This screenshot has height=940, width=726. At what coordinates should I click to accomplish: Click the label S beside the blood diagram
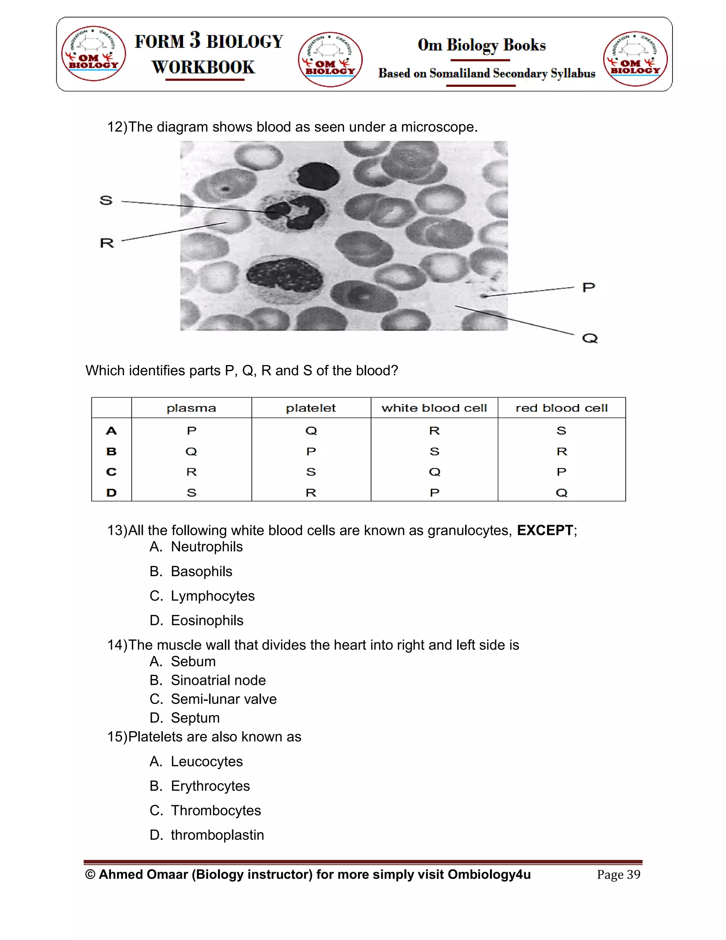tap(106, 200)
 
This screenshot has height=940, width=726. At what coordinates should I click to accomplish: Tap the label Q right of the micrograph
tap(590, 338)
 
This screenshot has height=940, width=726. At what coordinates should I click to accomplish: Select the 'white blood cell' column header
tap(434, 408)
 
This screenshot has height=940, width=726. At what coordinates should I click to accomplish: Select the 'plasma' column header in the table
tap(191, 408)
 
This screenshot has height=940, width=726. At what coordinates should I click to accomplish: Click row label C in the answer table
tap(111, 472)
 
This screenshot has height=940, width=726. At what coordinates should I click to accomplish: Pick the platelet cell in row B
tap(311, 452)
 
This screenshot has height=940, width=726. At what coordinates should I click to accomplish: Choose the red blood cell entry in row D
tap(561, 492)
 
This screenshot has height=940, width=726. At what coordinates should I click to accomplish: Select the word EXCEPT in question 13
tap(544, 530)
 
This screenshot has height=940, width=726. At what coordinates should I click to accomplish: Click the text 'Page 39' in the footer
tap(619, 875)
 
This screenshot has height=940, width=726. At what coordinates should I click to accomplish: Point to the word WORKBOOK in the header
tap(203, 67)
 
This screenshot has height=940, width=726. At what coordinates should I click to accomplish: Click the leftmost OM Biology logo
tap(93, 53)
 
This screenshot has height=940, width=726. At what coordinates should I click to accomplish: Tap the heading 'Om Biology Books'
tap(482, 45)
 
